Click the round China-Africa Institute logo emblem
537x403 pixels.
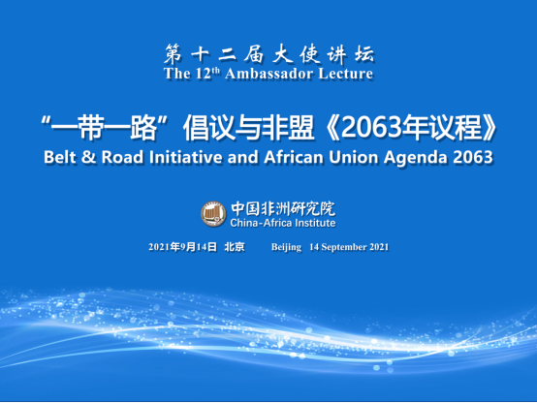pyautogui.click(x=213, y=214)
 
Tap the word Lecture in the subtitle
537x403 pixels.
pyautogui.click(x=345, y=74)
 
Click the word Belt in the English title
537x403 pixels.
pyautogui.click(x=60, y=158)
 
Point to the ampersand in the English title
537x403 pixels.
pyautogui.click(x=89, y=158)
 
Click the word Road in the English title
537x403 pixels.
pyautogui.click(x=122, y=158)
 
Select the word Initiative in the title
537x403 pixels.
pyautogui.click(x=185, y=158)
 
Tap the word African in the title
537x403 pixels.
pyautogui.click(x=294, y=158)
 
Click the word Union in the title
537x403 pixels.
pyautogui.click(x=353, y=158)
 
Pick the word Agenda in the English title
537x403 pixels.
pyautogui.click(x=416, y=159)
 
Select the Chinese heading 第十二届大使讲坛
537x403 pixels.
pyautogui.click(x=269, y=54)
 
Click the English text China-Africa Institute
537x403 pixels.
pyautogui.click(x=283, y=223)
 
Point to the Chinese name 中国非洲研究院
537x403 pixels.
pyautogui.click(x=283, y=208)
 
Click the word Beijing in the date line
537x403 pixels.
pyautogui.click(x=286, y=247)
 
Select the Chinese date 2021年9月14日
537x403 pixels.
pyautogui.click(x=183, y=247)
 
